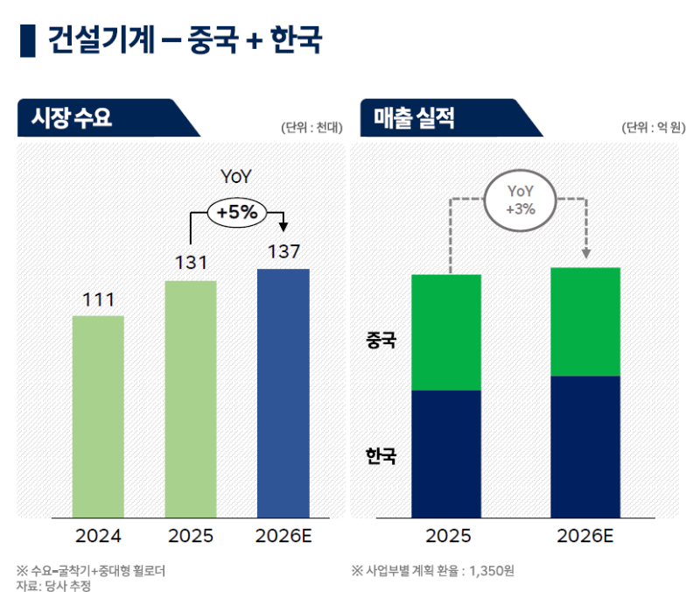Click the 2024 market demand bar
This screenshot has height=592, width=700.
pyautogui.click(x=98, y=416)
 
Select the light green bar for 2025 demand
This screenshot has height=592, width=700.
pyautogui.click(x=191, y=398)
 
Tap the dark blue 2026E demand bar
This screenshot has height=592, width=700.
pyautogui.click(x=283, y=392)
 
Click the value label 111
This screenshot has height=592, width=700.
pyautogui.click(x=98, y=300)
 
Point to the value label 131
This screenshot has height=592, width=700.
pyautogui.click(x=191, y=264)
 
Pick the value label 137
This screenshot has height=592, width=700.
pyautogui.click(x=283, y=252)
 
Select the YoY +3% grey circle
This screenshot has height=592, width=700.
pyautogui.click(x=520, y=201)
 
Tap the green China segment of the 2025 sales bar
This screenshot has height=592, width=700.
pyautogui.click(x=446, y=332)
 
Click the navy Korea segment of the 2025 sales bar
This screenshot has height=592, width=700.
pyautogui.click(x=446, y=453)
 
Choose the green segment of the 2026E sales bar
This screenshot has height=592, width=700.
pyautogui.click(x=585, y=321)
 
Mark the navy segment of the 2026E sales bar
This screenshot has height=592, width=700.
pyautogui.click(x=585, y=446)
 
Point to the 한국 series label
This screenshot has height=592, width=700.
pyautogui.click(x=381, y=455)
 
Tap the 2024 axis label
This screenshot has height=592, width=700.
pyautogui.click(x=98, y=536)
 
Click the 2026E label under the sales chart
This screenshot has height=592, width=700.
pyautogui.click(x=585, y=536)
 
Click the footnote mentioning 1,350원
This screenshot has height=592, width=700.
pyautogui.click(x=432, y=571)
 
